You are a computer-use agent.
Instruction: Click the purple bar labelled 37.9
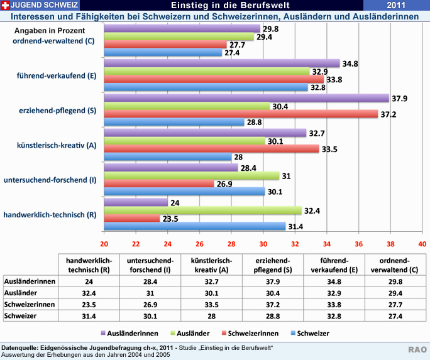[x=246, y=98]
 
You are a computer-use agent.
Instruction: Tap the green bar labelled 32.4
[x=202, y=210]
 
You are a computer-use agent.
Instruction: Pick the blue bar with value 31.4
[x=195, y=226]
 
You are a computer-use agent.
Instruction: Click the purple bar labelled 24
[x=136, y=202]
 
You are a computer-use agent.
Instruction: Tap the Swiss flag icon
[x=6, y=5]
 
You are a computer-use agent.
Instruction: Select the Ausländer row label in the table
[x=19, y=293]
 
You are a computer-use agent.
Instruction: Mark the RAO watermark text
[x=417, y=349]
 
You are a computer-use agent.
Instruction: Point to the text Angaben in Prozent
[x=50, y=30]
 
